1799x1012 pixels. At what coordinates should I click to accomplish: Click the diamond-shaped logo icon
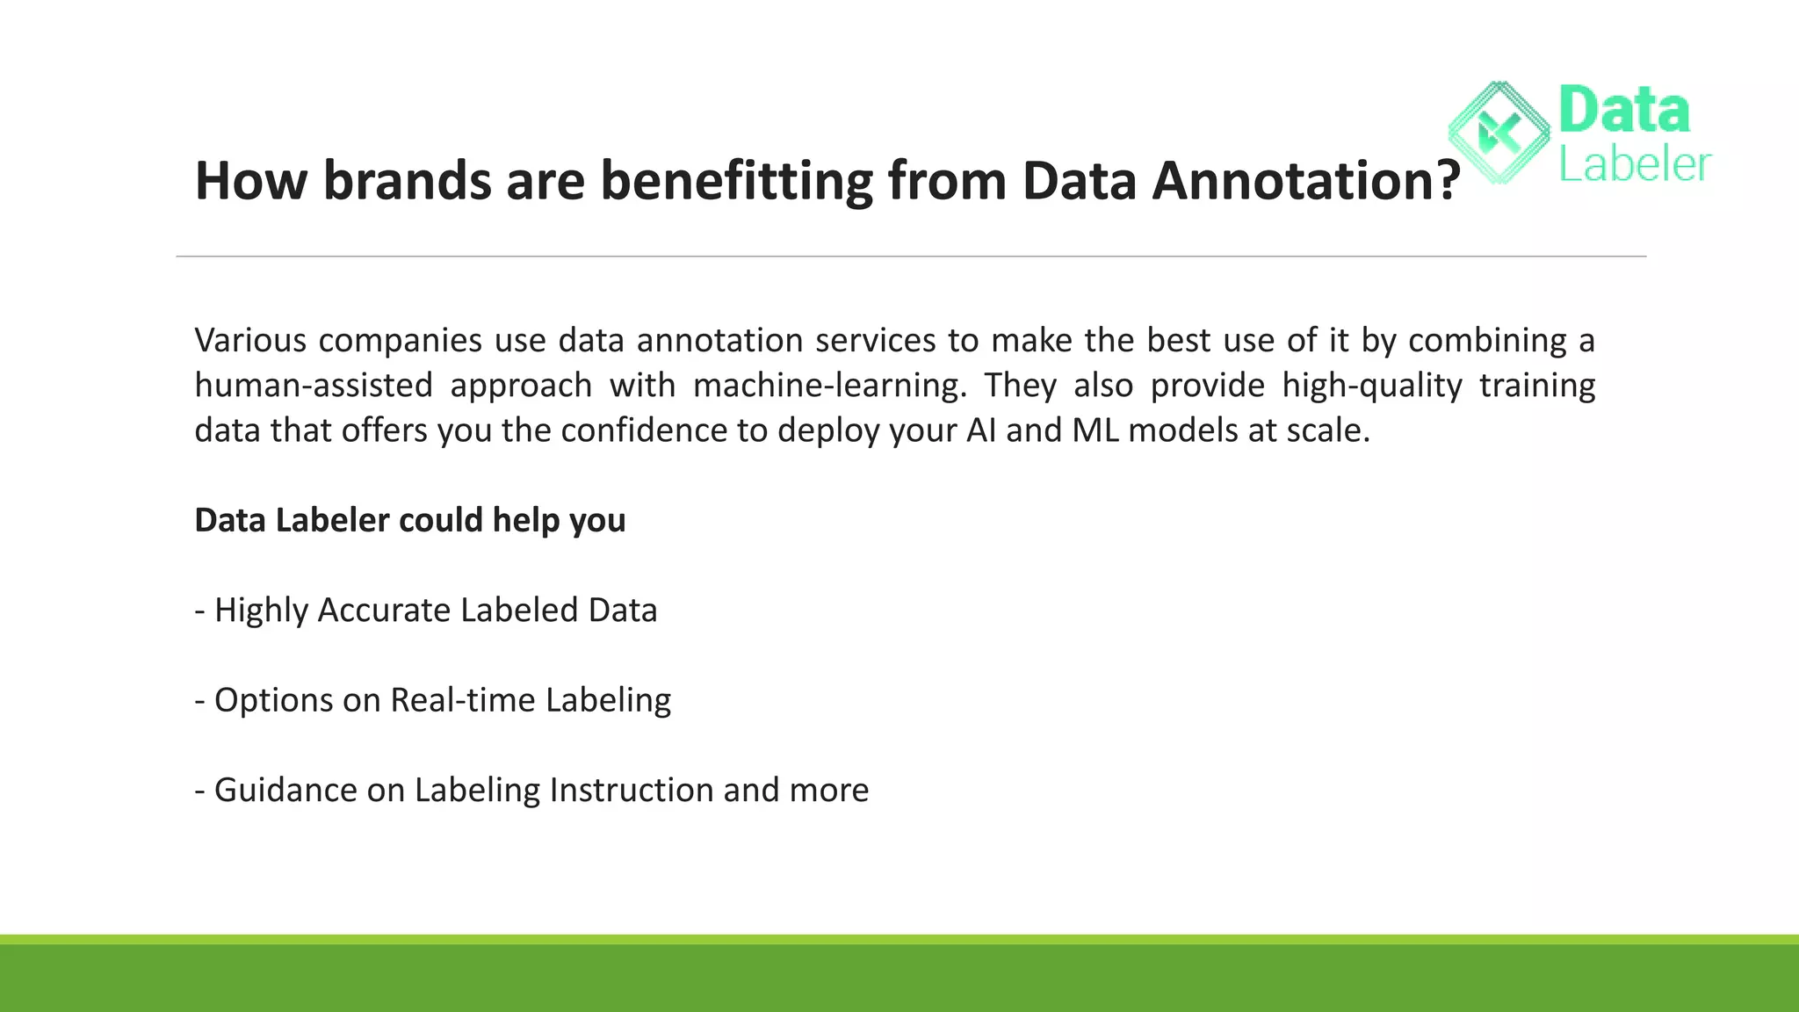tap(1499, 134)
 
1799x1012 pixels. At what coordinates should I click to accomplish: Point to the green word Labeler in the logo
tap(1635, 165)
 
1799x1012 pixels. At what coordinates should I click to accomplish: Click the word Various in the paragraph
tap(250, 340)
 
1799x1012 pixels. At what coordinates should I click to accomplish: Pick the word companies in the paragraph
tap(400, 340)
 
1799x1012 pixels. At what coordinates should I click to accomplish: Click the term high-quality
tap(1372, 386)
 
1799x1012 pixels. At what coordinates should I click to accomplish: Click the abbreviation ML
tap(1095, 430)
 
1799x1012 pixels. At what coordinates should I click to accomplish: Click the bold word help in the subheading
tap(526, 520)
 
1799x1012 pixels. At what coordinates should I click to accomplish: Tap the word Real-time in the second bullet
tap(462, 700)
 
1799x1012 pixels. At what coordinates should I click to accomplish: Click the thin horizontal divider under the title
tap(911, 257)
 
